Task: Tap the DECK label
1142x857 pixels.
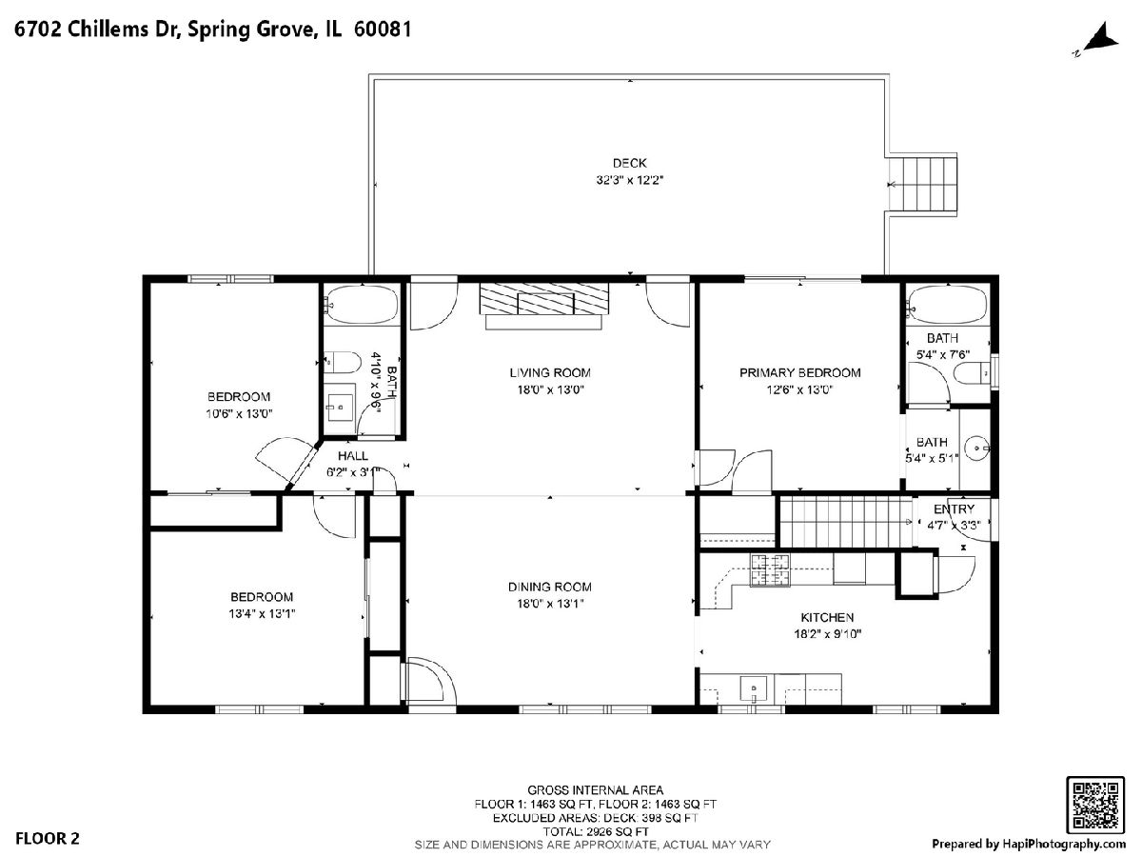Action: click(x=630, y=164)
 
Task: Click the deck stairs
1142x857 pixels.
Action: click(x=922, y=184)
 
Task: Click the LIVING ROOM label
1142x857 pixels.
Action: click(x=550, y=372)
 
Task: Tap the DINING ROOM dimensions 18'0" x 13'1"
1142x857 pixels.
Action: click(x=550, y=604)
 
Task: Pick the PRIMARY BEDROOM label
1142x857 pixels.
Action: click(x=800, y=372)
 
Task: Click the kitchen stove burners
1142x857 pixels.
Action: click(x=770, y=569)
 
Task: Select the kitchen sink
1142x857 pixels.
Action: click(x=754, y=688)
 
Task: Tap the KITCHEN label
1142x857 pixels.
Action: click(x=827, y=618)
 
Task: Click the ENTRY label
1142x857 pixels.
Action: click(x=955, y=508)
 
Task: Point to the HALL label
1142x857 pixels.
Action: click(x=353, y=456)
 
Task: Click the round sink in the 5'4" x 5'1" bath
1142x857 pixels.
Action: click(x=976, y=448)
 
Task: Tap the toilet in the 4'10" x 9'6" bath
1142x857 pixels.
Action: click(x=343, y=362)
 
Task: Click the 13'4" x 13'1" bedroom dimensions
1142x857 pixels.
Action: click(x=262, y=613)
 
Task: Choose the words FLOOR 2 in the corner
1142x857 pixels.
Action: click(x=48, y=838)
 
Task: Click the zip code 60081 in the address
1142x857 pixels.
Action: click(x=383, y=30)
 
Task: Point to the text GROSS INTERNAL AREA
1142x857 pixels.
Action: click(x=595, y=790)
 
